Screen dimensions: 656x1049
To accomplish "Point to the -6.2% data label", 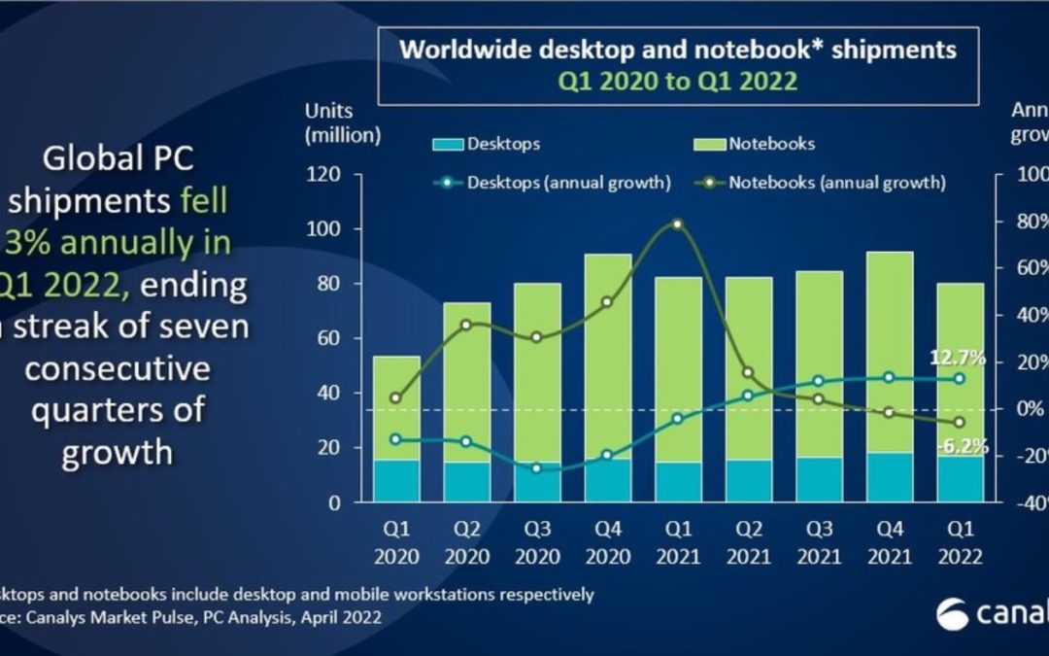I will coord(962,447).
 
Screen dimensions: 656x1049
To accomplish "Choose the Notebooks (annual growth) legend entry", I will coord(821,182).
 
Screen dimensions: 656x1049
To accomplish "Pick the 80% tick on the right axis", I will coord(1027,222).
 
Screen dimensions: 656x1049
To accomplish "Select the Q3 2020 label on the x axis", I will coord(537,544).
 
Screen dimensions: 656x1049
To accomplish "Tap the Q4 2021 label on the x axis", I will coord(888,544).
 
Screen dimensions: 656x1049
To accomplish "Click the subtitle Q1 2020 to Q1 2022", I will coord(676,82).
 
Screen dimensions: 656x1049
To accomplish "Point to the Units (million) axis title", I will coord(343,122).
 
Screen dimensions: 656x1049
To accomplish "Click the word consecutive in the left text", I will coord(118,368).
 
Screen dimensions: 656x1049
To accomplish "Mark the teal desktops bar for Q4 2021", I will coord(888,477).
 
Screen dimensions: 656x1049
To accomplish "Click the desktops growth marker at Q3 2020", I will coord(537,468).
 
